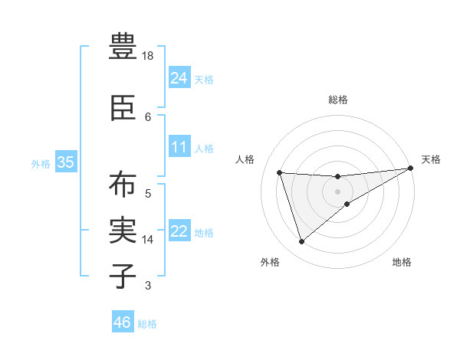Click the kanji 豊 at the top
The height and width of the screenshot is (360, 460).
click(x=123, y=47)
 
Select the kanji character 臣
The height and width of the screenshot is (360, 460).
click(x=123, y=108)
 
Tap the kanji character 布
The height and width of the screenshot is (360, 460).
click(x=123, y=185)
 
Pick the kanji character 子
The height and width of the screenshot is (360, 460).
click(x=123, y=277)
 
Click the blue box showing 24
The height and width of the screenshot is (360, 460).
click(x=179, y=78)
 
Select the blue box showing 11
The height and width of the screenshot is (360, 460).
click(x=179, y=147)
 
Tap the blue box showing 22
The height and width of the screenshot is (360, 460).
click(x=179, y=231)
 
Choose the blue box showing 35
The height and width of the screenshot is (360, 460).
click(x=65, y=162)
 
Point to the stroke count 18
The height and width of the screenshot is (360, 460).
click(x=149, y=56)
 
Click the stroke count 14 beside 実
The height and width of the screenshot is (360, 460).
click(x=149, y=240)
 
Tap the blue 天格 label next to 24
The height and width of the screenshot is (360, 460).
click(x=204, y=79)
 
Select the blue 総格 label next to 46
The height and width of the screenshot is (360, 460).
click(x=147, y=324)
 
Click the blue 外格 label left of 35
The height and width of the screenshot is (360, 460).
click(x=41, y=163)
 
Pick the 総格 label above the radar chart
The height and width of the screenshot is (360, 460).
click(x=338, y=100)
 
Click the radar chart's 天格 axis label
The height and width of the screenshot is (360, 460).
click(x=432, y=159)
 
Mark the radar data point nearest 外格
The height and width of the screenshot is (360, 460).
click(x=301, y=242)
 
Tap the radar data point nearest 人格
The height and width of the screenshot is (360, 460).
click(x=280, y=172)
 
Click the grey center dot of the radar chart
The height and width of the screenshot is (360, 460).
click(x=338, y=191)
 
